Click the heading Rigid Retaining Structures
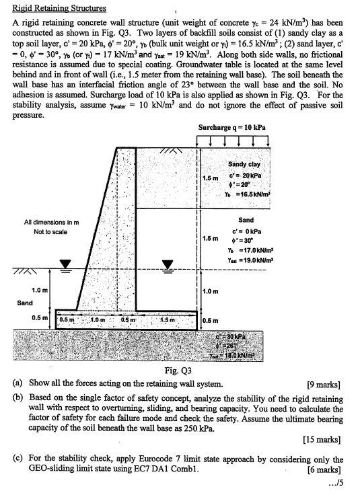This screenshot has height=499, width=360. click(59, 8)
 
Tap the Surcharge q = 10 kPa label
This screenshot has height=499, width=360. click(231, 126)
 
